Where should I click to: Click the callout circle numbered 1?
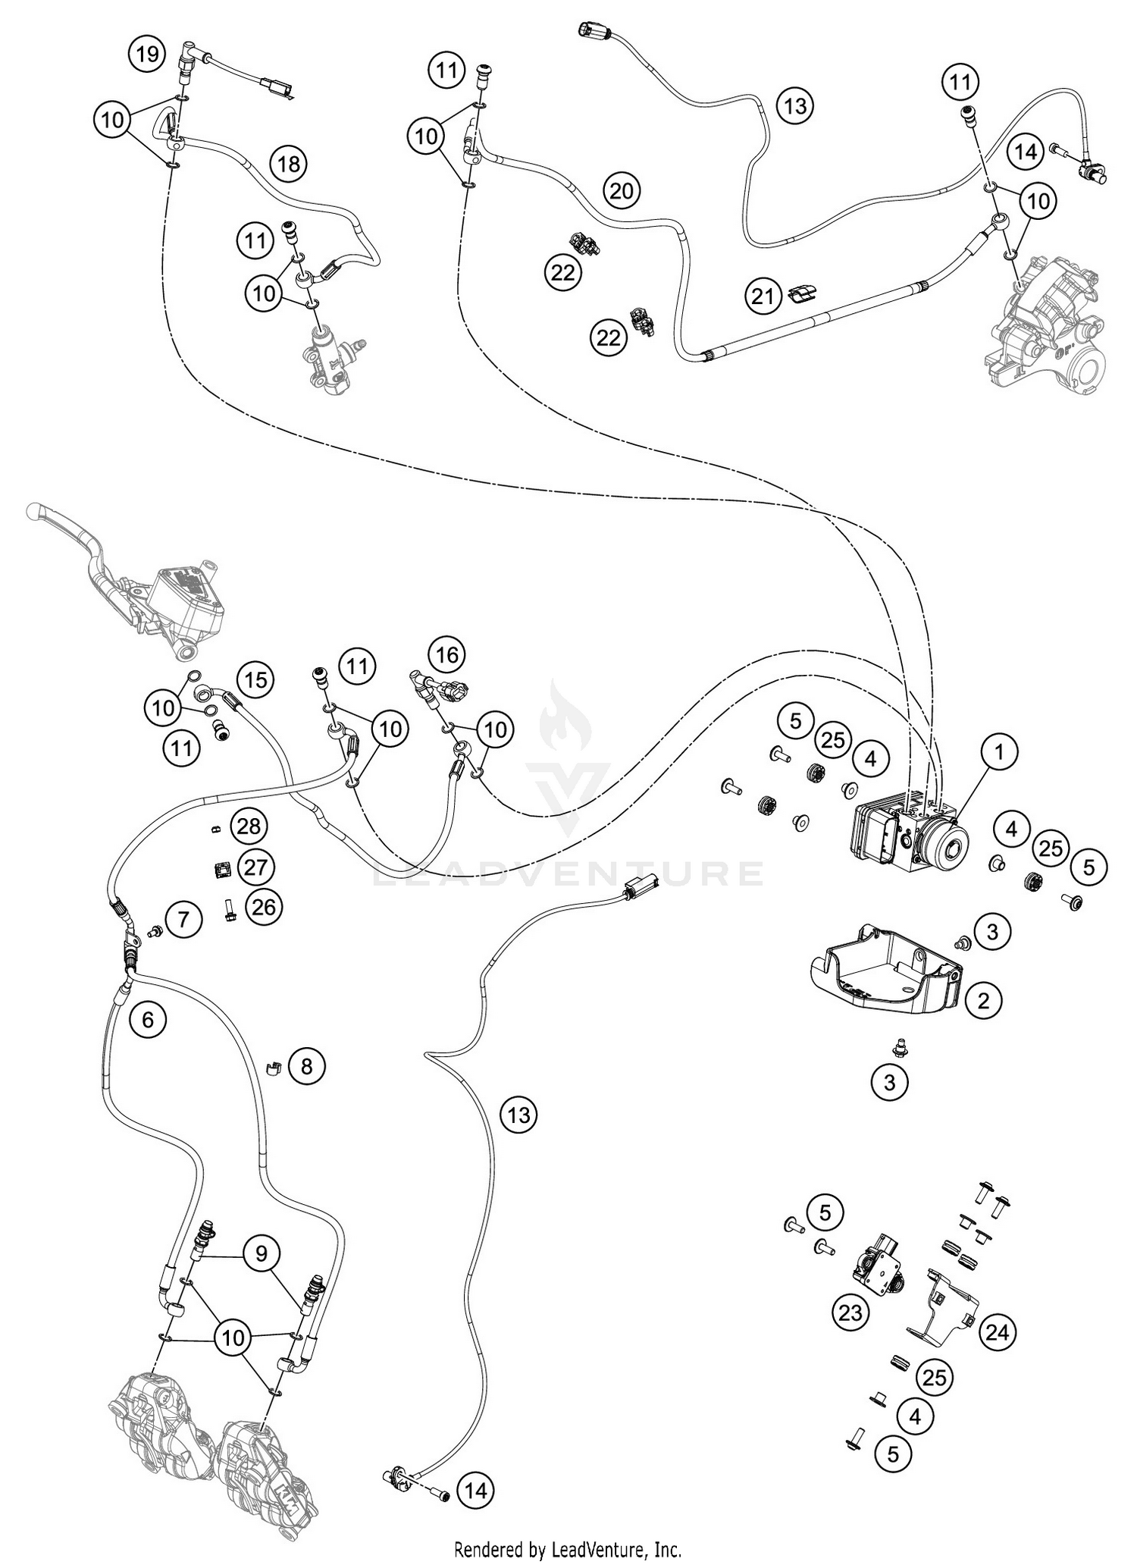(x=998, y=753)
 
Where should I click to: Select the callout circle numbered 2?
(x=983, y=1001)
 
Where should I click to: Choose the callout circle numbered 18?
(x=288, y=164)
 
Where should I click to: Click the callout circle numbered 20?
(x=621, y=190)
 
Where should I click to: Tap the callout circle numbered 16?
(x=447, y=654)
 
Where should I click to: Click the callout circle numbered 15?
(x=256, y=679)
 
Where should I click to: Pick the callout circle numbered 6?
(x=147, y=1019)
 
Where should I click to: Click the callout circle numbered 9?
(x=261, y=1253)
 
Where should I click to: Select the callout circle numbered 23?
(x=850, y=1313)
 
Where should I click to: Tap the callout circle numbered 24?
(x=998, y=1331)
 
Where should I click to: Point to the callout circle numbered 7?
(x=184, y=920)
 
